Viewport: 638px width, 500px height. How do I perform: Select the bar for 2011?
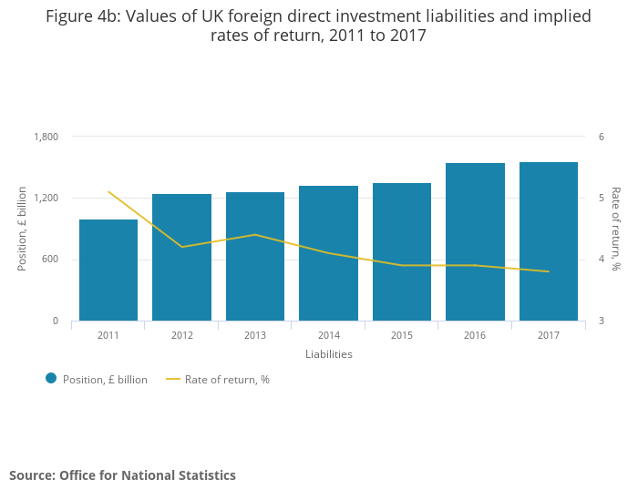pyautogui.click(x=108, y=270)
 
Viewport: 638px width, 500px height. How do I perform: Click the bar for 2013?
pyautogui.click(x=255, y=256)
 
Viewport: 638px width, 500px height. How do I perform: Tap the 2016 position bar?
pyautogui.click(x=475, y=241)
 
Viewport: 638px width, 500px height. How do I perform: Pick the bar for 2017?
pyautogui.click(x=549, y=241)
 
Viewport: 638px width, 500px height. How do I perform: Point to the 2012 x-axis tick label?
pyautogui.click(x=182, y=335)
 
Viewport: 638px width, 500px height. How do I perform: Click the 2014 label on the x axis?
pyautogui.click(x=329, y=335)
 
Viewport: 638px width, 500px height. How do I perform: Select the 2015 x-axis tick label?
pyautogui.click(x=402, y=335)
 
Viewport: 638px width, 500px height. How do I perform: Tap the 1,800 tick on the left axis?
pyautogui.click(x=46, y=137)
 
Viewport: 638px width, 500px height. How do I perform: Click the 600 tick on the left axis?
pyautogui.click(x=50, y=260)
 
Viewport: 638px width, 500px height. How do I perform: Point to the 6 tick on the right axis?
pyautogui.click(x=602, y=137)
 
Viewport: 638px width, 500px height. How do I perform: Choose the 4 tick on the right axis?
pyautogui.click(x=602, y=260)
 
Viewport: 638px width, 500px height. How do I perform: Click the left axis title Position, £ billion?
pyautogui.click(x=23, y=229)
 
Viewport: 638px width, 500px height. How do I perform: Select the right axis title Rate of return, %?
pyautogui.click(x=615, y=229)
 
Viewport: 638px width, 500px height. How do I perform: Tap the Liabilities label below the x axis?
pyautogui.click(x=329, y=354)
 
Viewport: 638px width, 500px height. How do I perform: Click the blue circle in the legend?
pyautogui.click(x=51, y=379)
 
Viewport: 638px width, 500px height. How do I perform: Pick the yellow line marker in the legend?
pyautogui.click(x=172, y=379)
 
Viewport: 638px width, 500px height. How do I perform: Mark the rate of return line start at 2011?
pyautogui.click(x=108, y=191)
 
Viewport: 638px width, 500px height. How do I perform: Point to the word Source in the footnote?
pyautogui.click(x=31, y=475)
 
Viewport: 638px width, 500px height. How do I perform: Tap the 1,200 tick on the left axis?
pyautogui.click(x=46, y=198)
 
